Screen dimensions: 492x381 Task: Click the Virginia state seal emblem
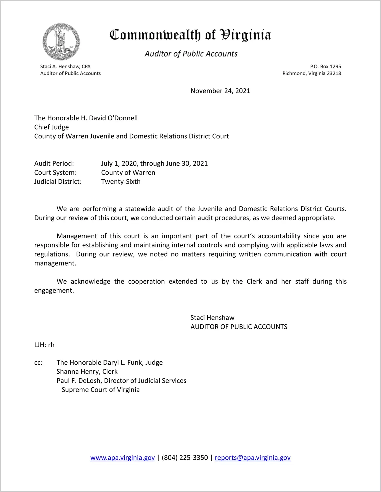pyautogui.click(x=61, y=42)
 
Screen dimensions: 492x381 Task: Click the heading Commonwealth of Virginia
pyautogui.click(x=190, y=35)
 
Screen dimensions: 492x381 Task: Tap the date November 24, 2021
pyautogui.click(x=220, y=91)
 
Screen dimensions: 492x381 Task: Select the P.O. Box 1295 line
pyautogui.click(x=325, y=67)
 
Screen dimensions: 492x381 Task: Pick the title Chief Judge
pyautogui.click(x=52, y=127)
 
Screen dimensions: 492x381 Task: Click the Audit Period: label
pyautogui.click(x=54, y=163)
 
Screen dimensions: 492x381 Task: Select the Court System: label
pyautogui.click(x=55, y=172)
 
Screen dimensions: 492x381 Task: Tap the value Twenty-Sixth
pyautogui.click(x=121, y=182)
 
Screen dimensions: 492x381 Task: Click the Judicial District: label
pyautogui.click(x=58, y=182)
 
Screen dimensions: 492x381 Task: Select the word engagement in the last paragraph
pyautogui.click(x=54, y=291)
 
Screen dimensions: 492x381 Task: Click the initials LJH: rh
pyautogui.click(x=44, y=345)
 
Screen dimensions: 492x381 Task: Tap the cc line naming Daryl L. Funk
pyautogui.click(x=109, y=363)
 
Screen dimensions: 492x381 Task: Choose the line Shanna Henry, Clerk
pyautogui.click(x=87, y=372)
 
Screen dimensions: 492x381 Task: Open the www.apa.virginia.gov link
pyautogui.click(x=122, y=458)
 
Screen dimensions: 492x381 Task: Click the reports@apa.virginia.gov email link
pyautogui.click(x=252, y=458)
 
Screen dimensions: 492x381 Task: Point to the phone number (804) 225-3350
pyautogui.click(x=185, y=458)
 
